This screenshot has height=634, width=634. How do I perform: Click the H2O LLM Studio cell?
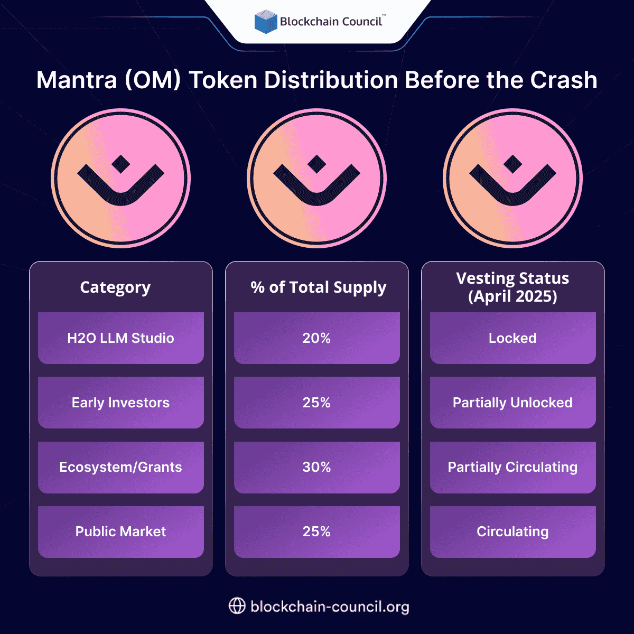click(x=120, y=338)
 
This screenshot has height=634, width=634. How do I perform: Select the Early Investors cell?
click(x=120, y=403)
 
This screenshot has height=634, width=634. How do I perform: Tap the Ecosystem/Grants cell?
click(x=120, y=467)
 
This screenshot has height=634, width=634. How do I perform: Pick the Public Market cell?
click(x=120, y=532)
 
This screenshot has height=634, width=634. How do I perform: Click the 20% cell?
click(x=316, y=338)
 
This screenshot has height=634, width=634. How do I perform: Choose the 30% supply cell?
click(x=316, y=467)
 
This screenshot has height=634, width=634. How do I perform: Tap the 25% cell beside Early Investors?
click(x=316, y=403)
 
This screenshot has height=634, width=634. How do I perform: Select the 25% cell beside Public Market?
click(x=316, y=532)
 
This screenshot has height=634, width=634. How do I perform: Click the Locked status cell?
click(x=512, y=338)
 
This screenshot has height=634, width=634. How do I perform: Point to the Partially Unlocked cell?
click(x=512, y=403)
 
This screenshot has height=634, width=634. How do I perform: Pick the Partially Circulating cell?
click(x=512, y=467)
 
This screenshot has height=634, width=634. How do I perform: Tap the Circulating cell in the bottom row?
click(x=512, y=532)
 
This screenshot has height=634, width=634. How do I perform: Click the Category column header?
click(x=115, y=287)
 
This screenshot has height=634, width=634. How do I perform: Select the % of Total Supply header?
click(x=318, y=287)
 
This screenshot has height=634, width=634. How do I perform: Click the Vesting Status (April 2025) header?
click(x=512, y=287)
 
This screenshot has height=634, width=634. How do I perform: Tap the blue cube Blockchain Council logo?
click(x=266, y=22)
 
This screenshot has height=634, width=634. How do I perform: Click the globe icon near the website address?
click(x=237, y=605)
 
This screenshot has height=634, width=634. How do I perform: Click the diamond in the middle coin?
click(x=316, y=164)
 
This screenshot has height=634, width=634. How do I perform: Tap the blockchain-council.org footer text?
click(x=330, y=607)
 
